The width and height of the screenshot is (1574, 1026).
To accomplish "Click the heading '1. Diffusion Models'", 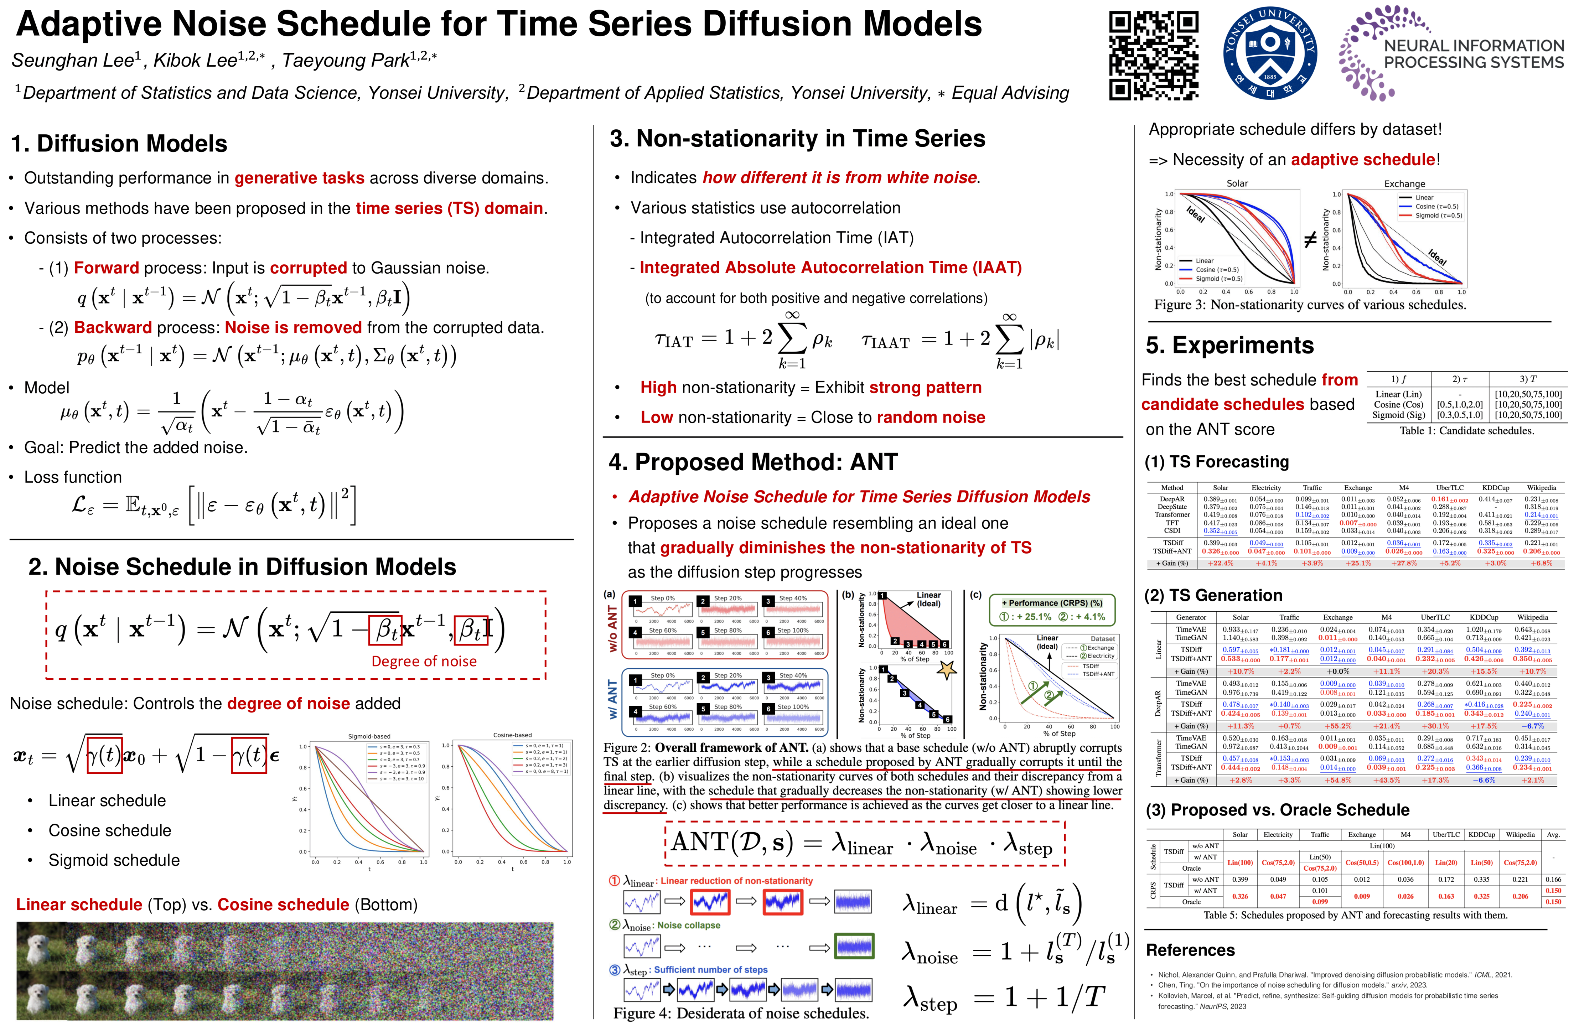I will click(x=119, y=144).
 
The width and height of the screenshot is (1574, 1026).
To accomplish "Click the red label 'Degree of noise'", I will click(x=424, y=661).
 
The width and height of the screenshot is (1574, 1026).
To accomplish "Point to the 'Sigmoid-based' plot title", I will click(x=369, y=736).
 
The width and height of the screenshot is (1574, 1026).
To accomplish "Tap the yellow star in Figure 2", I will click(x=947, y=670).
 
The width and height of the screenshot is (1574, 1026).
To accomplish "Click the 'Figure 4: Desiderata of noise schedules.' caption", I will click(x=741, y=1013).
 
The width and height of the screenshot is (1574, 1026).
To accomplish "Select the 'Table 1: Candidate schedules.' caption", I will click(x=1466, y=431).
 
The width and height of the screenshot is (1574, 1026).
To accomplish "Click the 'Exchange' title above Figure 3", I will click(x=1405, y=183).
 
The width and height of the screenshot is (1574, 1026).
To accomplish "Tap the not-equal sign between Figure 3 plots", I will click(x=1310, y=240).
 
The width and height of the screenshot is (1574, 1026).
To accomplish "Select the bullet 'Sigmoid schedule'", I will click(x=114, y=860).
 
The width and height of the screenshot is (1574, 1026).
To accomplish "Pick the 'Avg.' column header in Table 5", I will click(x=1553, y=835).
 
